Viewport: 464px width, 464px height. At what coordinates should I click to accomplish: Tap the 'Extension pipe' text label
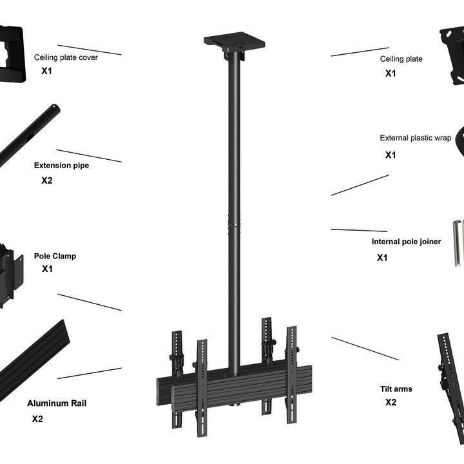[61, 166]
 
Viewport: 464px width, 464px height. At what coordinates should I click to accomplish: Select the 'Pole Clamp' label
[55, 256]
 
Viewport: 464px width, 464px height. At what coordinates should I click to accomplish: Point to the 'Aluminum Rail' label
[57, 403]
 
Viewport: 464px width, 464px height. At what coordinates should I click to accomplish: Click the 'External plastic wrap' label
[415, 138]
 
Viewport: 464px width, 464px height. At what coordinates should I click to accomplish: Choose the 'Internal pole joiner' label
[406, 242]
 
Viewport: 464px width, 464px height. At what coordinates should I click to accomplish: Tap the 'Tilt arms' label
[396, 389]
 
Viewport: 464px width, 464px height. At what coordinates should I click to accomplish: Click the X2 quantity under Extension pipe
[47, 180]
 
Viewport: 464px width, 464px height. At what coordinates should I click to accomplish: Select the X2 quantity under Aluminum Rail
[37, 419]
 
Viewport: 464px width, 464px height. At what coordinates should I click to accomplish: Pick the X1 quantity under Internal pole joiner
[382, 258]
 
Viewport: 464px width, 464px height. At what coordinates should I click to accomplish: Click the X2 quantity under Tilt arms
[391, 403]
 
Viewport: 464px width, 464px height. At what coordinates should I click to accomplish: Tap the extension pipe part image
[29, 135]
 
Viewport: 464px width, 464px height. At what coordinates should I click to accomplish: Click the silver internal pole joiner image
[458, 242]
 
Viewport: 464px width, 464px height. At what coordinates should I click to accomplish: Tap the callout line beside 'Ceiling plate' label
[360, 52]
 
